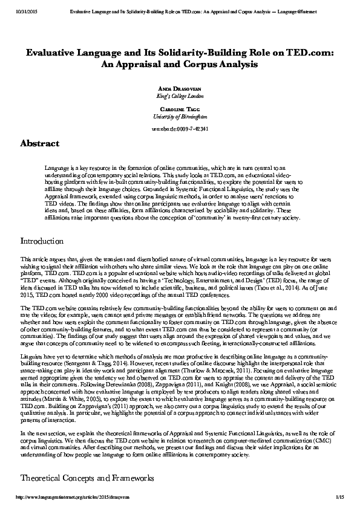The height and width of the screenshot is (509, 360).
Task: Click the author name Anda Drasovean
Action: click(179, 89)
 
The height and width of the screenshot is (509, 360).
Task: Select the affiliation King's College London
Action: click(179, 96)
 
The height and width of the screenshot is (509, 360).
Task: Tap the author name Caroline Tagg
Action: click(179, 109)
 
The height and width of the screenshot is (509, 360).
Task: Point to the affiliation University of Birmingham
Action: click(179, 116)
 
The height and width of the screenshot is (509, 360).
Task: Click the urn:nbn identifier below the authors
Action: click(179, 129)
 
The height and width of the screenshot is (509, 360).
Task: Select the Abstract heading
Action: click(39, 144)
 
